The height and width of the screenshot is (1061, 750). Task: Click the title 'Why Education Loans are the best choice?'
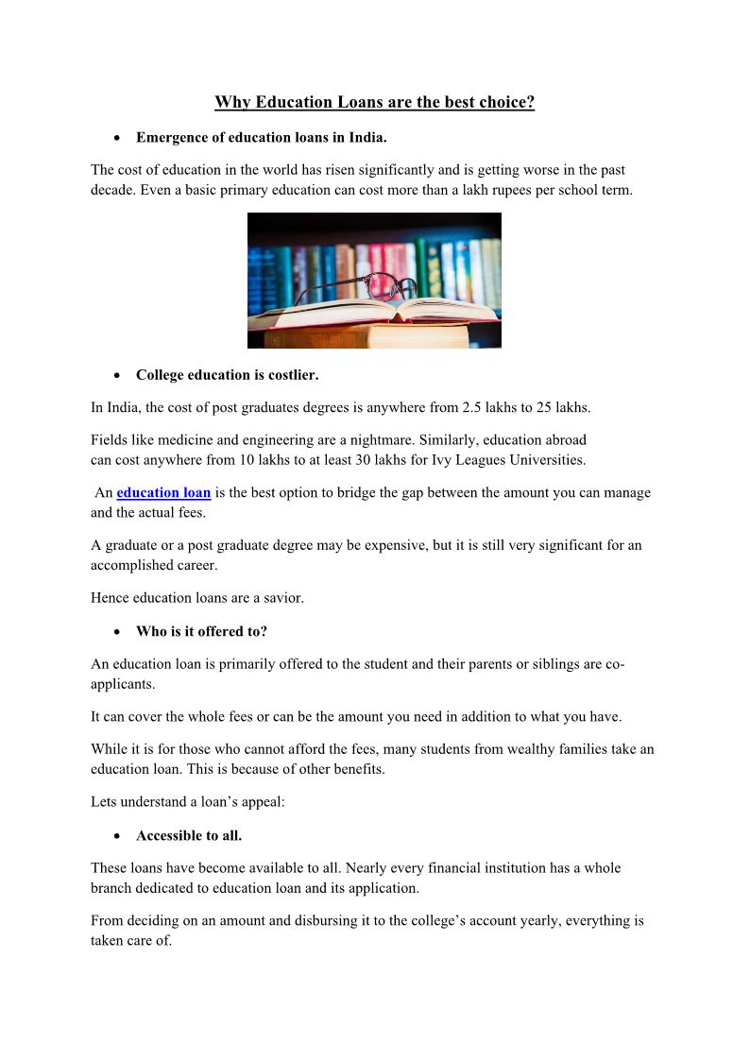coord(374,102)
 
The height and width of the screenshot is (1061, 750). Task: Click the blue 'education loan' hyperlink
coord(163,493)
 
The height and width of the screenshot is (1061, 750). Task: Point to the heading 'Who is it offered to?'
coord(201,631)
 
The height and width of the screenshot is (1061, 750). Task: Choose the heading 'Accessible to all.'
coord(189,836)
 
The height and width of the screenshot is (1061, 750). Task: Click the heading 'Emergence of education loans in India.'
coord(261,138)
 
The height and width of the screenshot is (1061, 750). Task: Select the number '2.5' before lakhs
coord(472,408)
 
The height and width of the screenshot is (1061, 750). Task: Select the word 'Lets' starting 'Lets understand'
coord(104,802)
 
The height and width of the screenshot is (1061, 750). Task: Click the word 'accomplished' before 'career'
coord(130,565)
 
